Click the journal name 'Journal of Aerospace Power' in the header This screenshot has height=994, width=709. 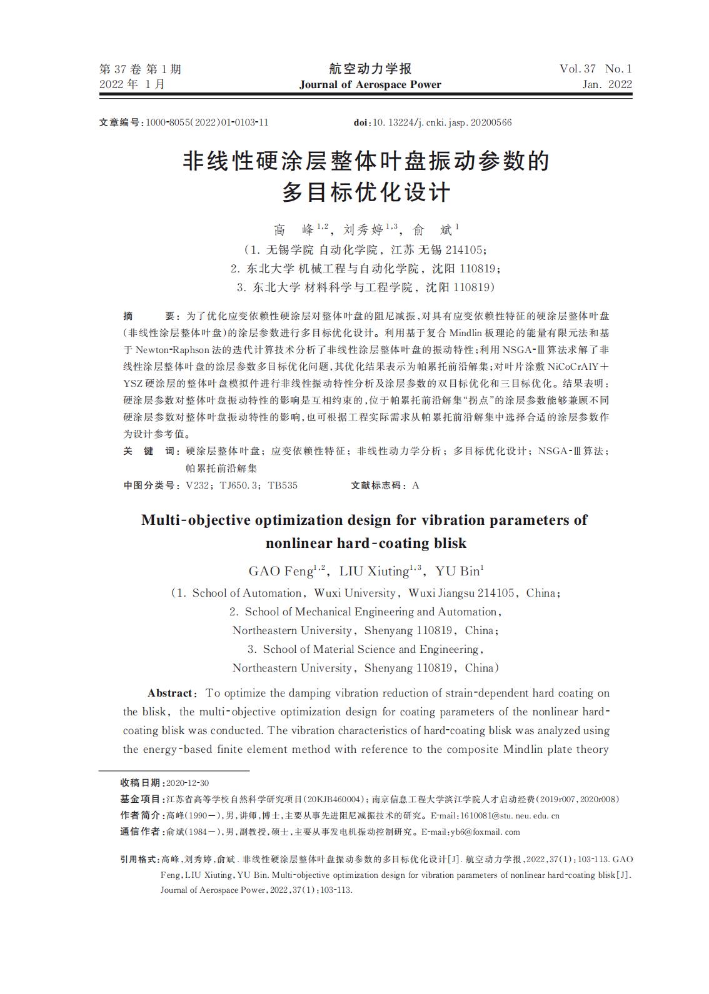pyautogui.click(x=370, y=85)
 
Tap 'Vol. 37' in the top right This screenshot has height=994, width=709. pyautogui.click(x=578, y=69)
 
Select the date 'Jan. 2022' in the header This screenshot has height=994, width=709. pyautogui.click(x=606, y=85)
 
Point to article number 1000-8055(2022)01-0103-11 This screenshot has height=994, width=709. pyautogui.click(x=207, y=122)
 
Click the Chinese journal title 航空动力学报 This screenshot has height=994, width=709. pyautogui.click(x=370, y=69)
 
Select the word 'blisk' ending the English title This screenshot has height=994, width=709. pyautogui.click(x=447, y=543)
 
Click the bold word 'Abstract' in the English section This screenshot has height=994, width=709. pyautogui.click(x=170, y=693)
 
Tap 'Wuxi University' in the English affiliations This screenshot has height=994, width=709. pyautogui.click(x=354, y=593)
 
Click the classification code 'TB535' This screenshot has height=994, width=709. pyautogui.click(x=283, y=485)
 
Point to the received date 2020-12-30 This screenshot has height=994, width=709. pyautogui.click(x=188, y=783)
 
